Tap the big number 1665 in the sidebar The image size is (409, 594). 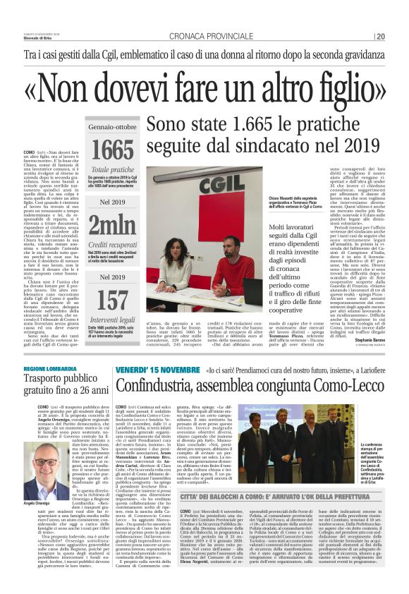tap(113, 150)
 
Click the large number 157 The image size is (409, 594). tap(113, 301)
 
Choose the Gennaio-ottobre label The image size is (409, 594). tap(113, 128)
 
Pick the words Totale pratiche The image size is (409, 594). tap(113, 170)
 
